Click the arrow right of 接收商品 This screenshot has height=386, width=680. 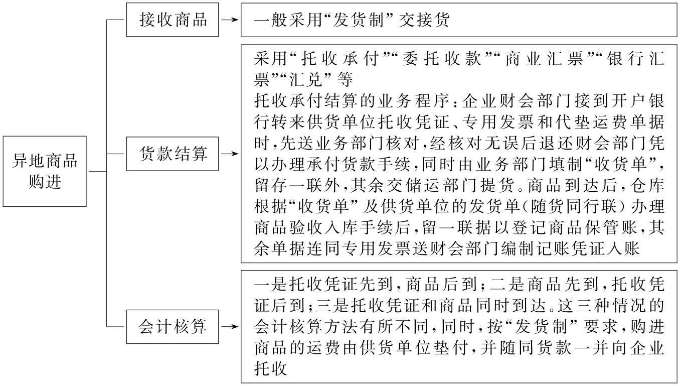230,21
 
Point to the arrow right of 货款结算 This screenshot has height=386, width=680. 230,154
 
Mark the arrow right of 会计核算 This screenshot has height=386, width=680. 230,327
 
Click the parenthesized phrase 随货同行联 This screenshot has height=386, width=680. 540,210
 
